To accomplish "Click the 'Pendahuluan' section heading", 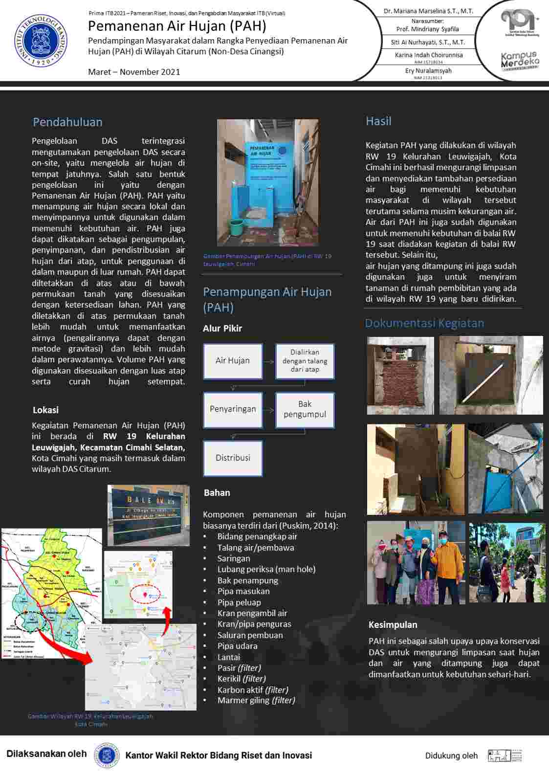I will (67, 122).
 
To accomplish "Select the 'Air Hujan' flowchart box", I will (233, 361).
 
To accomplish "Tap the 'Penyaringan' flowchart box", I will (233, 409).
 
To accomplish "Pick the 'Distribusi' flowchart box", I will (233, 458).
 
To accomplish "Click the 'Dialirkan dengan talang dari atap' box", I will (305, 361).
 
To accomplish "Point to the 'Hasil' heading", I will (378, 121).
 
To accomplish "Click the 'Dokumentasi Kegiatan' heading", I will (424, 323).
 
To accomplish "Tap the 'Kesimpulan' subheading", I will (393, 625).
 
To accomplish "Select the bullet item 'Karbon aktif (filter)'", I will (253, 690).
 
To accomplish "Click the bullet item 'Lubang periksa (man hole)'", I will (266, 569).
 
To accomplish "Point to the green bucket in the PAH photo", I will (237, 226).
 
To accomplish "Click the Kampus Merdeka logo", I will (520, 61).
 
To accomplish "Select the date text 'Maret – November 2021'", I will (134, 72).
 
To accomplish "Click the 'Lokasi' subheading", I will (45, 410).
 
